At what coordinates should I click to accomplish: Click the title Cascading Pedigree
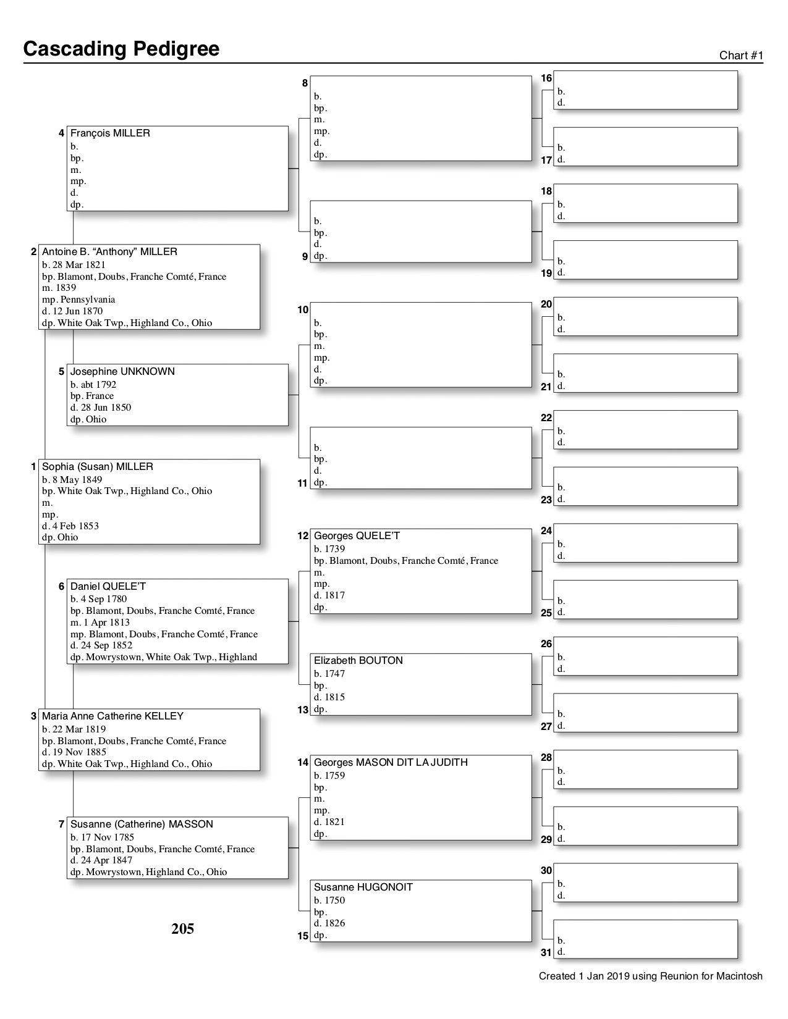point(121,49)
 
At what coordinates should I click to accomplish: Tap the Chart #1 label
point(741,56)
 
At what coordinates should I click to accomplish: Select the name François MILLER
point(110,133)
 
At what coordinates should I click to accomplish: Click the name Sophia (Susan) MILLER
point(98,467)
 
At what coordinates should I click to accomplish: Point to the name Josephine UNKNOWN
point(122,372)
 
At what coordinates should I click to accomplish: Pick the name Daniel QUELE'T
point(108,587)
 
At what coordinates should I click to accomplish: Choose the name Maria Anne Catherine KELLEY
point(112,716)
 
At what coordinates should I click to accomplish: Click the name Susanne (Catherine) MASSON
point(142,824)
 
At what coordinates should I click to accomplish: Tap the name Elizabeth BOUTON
point(358,661)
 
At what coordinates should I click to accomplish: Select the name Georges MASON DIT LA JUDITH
point(391,763)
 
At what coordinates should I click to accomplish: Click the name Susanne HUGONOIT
point(363,887)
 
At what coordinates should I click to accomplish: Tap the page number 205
point(183,929)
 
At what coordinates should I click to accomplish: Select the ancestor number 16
point(546,78)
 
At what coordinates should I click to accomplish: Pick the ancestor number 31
point(546,952)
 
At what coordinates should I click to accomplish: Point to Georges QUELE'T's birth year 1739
point(338,549)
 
